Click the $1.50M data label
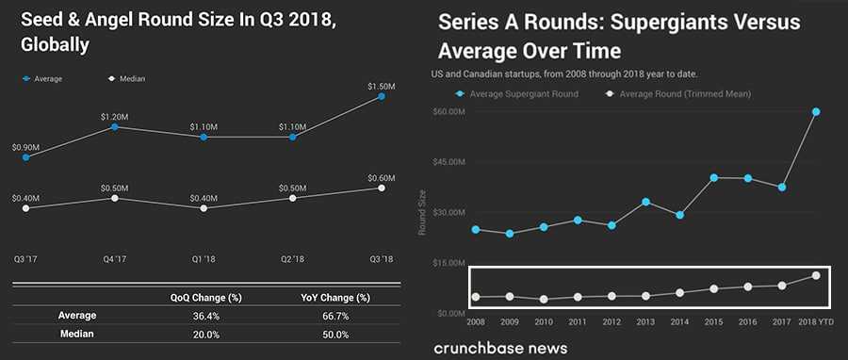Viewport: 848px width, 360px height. coord(381,86)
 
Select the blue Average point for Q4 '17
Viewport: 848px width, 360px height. coord(114,126)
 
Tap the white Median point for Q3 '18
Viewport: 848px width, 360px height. coord(381,188)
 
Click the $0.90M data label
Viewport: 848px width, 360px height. coord(25,147)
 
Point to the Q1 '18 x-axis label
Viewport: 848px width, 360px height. coord(204,257)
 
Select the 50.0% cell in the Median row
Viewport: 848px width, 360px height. coord(335,334)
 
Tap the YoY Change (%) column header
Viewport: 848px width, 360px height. coord(335,298)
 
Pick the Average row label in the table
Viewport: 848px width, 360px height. coord(77,316)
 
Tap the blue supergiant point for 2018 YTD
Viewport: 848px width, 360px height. coord(816,112)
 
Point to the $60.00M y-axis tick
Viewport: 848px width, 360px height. coord(448,112)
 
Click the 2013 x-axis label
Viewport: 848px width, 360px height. coord(645,321)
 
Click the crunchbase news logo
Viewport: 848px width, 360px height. coord(500,348)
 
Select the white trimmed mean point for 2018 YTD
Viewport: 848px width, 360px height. coord(816,275)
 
